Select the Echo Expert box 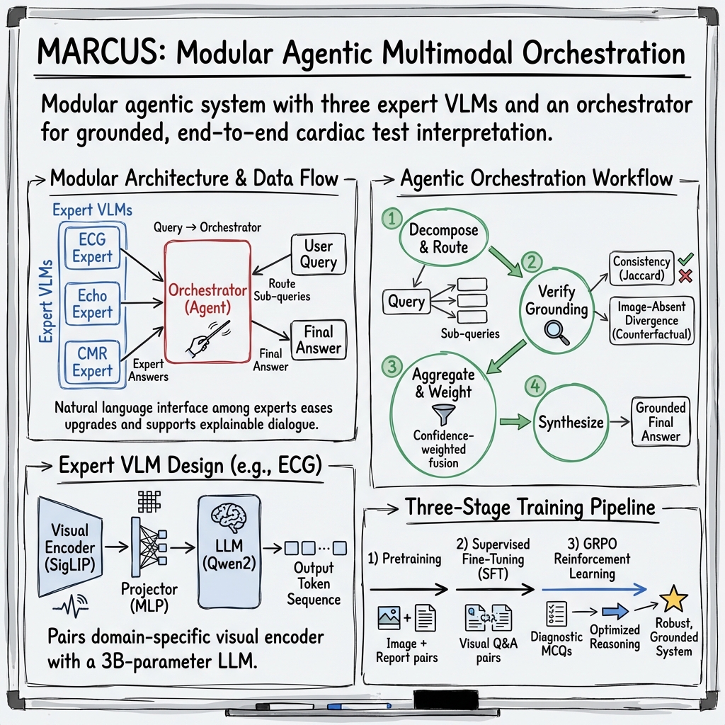pyautogui.click(x=92, y=302)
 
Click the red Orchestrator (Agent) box pyautogui.click(x=207, y=301)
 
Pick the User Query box pyautogui.click(x=318, y=254)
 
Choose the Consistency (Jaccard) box pyautogui.click(x=641, y=269)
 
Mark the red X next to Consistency pyautogui.click(x=685, y=276)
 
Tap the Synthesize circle pyautogui.click(x=571, y=423)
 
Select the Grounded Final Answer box pyautogui.click(x=660, y=422)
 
